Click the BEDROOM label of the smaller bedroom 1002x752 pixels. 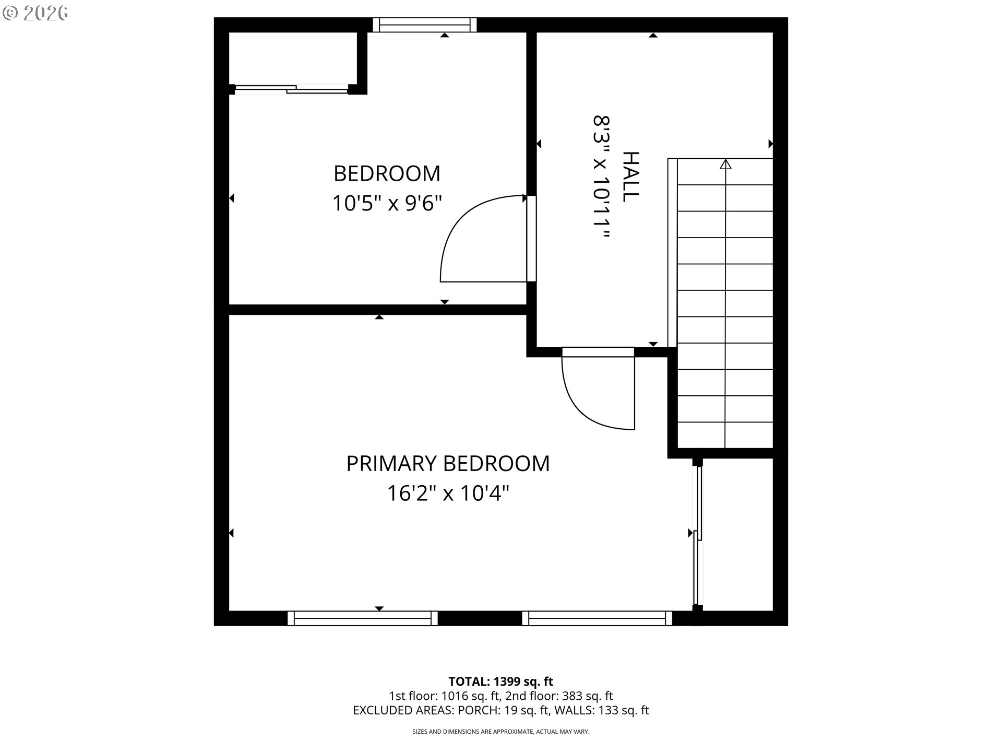(x=387, y=173)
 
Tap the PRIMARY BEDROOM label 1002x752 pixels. (x=448, y=464)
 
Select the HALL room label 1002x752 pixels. (x=631, y=177)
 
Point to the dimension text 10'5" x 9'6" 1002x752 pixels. (x=387, y=203)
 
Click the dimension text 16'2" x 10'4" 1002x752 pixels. (x=448, y=493)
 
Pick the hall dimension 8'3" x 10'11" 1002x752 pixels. (x=601, y=177)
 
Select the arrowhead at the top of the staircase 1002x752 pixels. (x=725, y=164)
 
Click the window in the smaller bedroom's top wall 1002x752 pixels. (x=424, y=25)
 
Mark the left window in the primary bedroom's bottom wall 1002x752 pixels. (x=363, y=618)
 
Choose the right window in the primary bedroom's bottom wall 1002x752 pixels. (x=597, y=618)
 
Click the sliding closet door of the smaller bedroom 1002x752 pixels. (x=291, y=89)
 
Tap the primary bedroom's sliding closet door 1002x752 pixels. (x=698, y=535)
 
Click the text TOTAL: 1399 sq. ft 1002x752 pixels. (x=501, y=681)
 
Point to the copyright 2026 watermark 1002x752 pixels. (x=35, y=13)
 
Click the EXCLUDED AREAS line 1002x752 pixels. (x=501, y=710)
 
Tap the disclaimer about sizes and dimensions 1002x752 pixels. (x=501, y=732)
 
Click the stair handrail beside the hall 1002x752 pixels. (x=672, y=253)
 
